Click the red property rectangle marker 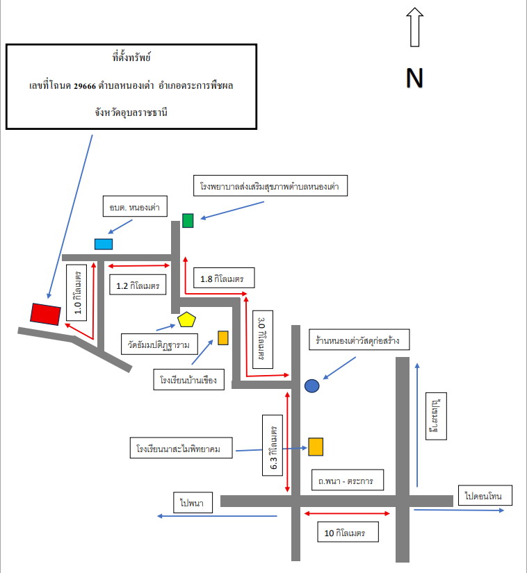point(45,314)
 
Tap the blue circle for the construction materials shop point(312,385)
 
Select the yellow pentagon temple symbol point(186,319)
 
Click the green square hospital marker point(188,221)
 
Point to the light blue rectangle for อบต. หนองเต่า point(104,244)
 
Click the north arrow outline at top point(414,27)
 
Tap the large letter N point(414,78)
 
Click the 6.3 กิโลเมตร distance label point(273,445)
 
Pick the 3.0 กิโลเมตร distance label point(263,339)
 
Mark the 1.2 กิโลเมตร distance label point(138,284)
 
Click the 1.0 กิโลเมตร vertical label point(76,292)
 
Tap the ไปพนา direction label point(193,502)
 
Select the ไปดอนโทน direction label point(485,495)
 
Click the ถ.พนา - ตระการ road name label point(348,480)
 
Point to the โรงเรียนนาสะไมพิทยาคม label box point(181,448)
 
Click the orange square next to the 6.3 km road point(316,447)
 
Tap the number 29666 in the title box point(85,86)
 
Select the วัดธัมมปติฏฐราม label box point(159,344)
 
